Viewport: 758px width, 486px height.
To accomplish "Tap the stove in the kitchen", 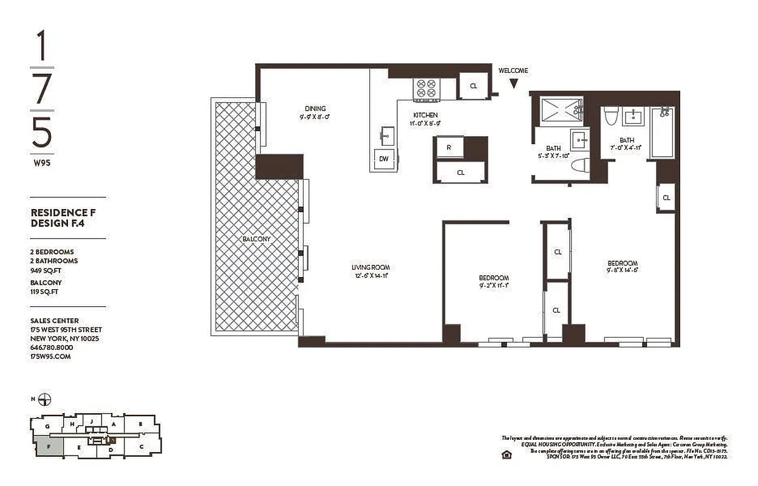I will [425, 89].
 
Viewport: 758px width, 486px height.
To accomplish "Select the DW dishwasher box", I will [384, 159].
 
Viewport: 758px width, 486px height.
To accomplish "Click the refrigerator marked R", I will [448, 148].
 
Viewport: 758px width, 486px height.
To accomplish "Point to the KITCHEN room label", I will [425, 115].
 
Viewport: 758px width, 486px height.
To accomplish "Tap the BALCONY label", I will [256, 239].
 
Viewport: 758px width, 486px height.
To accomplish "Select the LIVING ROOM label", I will [370, 267].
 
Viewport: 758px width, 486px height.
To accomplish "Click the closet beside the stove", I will [474, 86].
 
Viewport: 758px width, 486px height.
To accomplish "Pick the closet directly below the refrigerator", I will [461, 173].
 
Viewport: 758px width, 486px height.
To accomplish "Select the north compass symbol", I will [44, 399].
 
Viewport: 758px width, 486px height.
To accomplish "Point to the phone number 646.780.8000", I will [52, 347].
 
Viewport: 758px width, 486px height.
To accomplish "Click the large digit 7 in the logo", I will [42, 90].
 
